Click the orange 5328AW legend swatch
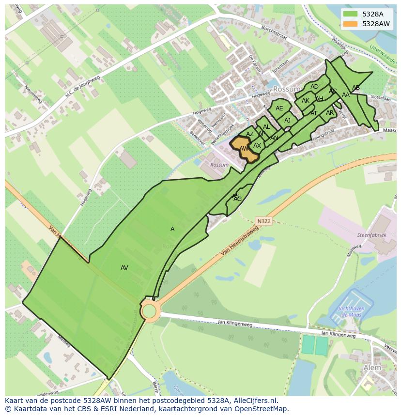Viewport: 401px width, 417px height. (351, 24)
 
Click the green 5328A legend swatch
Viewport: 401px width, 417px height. (351, 14)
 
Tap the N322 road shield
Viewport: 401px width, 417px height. (264, 221)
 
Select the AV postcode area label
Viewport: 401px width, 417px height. (124, 268)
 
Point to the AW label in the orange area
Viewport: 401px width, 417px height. (244, 149)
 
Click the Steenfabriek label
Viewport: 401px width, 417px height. (372, 235)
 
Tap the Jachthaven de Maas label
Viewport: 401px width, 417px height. (347, 311)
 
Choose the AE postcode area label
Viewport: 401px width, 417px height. (279, 108)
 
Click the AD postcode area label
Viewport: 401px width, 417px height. (315, 87)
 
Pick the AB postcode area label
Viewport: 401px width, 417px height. (356, 88)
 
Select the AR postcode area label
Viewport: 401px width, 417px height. (330, 113)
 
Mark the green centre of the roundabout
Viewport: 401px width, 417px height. (150, 310)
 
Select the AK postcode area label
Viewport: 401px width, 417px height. (306, 101)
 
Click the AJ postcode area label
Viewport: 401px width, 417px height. (288, 121)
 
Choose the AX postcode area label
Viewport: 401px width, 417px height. (257, 146)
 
